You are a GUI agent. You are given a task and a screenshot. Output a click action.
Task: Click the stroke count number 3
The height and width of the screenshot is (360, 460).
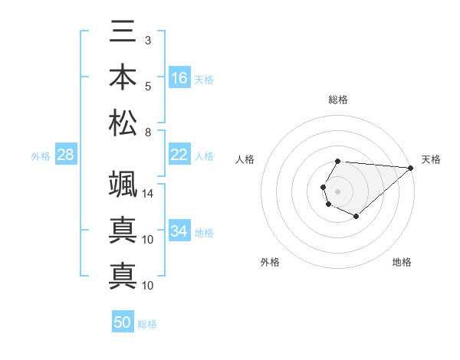coord(147,39)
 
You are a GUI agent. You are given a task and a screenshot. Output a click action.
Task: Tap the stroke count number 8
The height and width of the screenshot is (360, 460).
coord(147,133)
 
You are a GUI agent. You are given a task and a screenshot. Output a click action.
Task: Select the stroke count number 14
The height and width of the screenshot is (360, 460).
coord(149,193)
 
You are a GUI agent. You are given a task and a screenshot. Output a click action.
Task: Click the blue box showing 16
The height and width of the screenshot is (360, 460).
coord(179,78)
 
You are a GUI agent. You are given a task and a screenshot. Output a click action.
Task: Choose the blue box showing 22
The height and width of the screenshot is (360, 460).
coord(179,155)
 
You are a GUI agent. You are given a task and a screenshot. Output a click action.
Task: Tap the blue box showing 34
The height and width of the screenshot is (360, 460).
coord(179,231)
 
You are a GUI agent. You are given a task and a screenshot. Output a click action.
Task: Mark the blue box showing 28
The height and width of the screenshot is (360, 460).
coord(66,155)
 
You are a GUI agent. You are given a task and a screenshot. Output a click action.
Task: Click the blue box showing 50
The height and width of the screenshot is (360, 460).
coord(123,323)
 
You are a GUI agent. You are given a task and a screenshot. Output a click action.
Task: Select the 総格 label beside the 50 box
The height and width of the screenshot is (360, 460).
coord(147,324)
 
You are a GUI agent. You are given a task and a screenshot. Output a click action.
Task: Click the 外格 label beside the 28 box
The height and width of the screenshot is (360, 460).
coord(41,156)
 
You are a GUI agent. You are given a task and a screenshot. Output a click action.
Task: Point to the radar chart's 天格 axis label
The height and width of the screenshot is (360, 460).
coord(431,159)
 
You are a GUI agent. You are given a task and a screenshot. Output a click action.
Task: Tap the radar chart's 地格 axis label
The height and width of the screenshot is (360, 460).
coord(402,262)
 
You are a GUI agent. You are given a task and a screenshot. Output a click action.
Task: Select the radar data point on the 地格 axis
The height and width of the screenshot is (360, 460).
coord(356,217)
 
